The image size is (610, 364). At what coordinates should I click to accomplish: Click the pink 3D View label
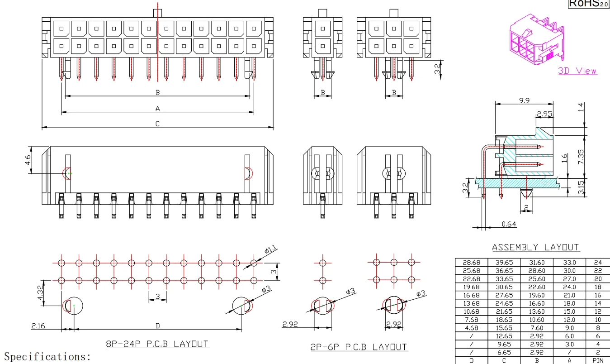point(577,71)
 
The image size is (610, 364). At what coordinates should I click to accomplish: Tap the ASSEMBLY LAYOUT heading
point(535,247)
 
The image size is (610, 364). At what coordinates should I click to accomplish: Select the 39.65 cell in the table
point(504,262)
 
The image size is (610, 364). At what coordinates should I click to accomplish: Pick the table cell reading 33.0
point(569,262)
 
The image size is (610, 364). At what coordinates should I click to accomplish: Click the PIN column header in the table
point(598,360)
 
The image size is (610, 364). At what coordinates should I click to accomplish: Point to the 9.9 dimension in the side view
point(524,101)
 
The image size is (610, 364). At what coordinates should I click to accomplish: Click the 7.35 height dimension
point(581,157)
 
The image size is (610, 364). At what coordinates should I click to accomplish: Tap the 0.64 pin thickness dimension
point(509,224)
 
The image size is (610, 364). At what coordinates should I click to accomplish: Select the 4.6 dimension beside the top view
point(28,160)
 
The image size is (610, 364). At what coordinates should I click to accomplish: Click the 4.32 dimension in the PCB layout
point(40,292)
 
